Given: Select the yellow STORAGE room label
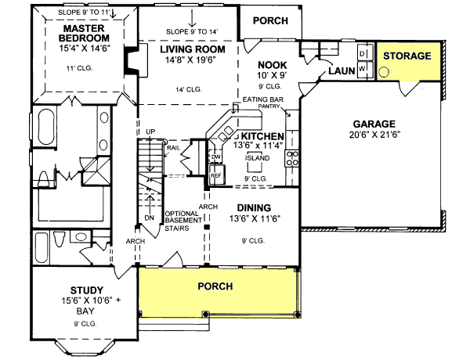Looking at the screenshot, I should [x=407, y=56].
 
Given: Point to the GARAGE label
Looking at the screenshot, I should [x=374, y=124].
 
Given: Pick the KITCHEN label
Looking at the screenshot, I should [x=251, y=136].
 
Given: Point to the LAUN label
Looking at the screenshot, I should [x=342, y=70].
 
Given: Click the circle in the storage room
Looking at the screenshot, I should [x=384, y=71].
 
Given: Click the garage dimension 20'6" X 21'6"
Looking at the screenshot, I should [x=374, y=136].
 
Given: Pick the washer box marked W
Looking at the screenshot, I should [x=363, y=67].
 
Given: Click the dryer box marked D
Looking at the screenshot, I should [x=363, y=52].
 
